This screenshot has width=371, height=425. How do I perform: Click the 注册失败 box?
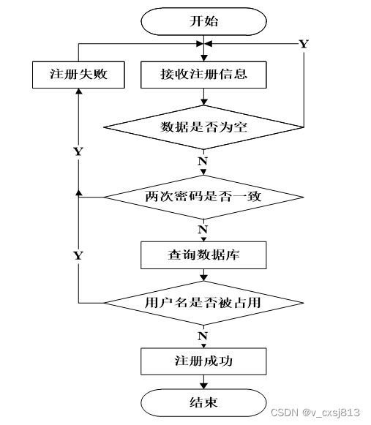(x=75, y=74)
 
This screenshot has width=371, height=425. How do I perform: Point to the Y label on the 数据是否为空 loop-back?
(x=304, y=44)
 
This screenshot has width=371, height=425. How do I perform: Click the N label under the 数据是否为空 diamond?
(x=202, y=159)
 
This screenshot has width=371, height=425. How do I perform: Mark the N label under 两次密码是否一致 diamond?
(x=202, y=229)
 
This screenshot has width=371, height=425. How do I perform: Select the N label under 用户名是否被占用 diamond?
(x=202, y=334)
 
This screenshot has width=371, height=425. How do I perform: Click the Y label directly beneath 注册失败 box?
(x=78, y=151)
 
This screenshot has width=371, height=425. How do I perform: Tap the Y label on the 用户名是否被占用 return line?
(x=78, y=255)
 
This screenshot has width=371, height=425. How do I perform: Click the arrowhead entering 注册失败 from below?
(x=78, y=94)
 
